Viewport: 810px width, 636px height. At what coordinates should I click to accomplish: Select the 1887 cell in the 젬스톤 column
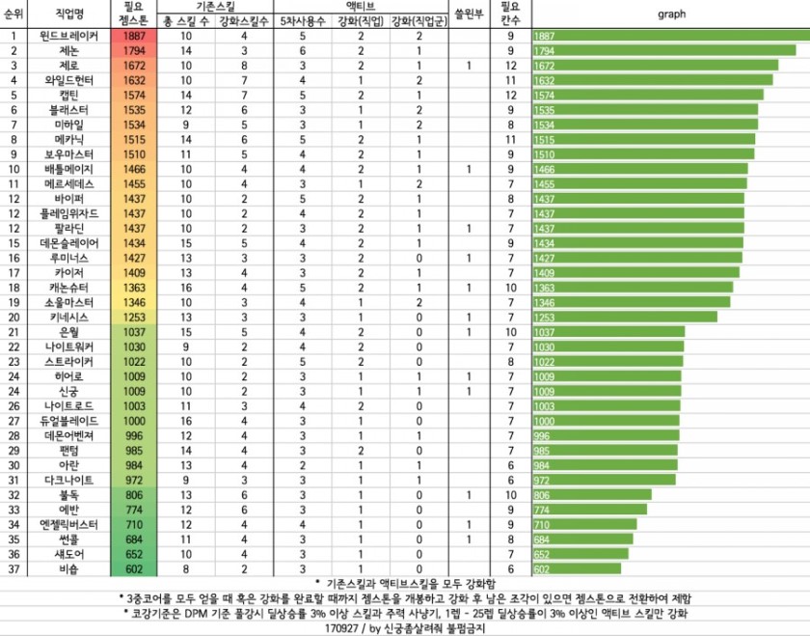pyautogui.click(x=133, y=36)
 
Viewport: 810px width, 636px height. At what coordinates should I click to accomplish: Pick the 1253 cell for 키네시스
pyautogui.click(x=133, y=317)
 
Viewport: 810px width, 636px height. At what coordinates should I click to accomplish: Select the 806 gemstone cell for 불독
pyautogui.click(x=133, y=495)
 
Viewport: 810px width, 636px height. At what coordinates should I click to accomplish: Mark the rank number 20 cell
pyautogui.click(x=15, y=317)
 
